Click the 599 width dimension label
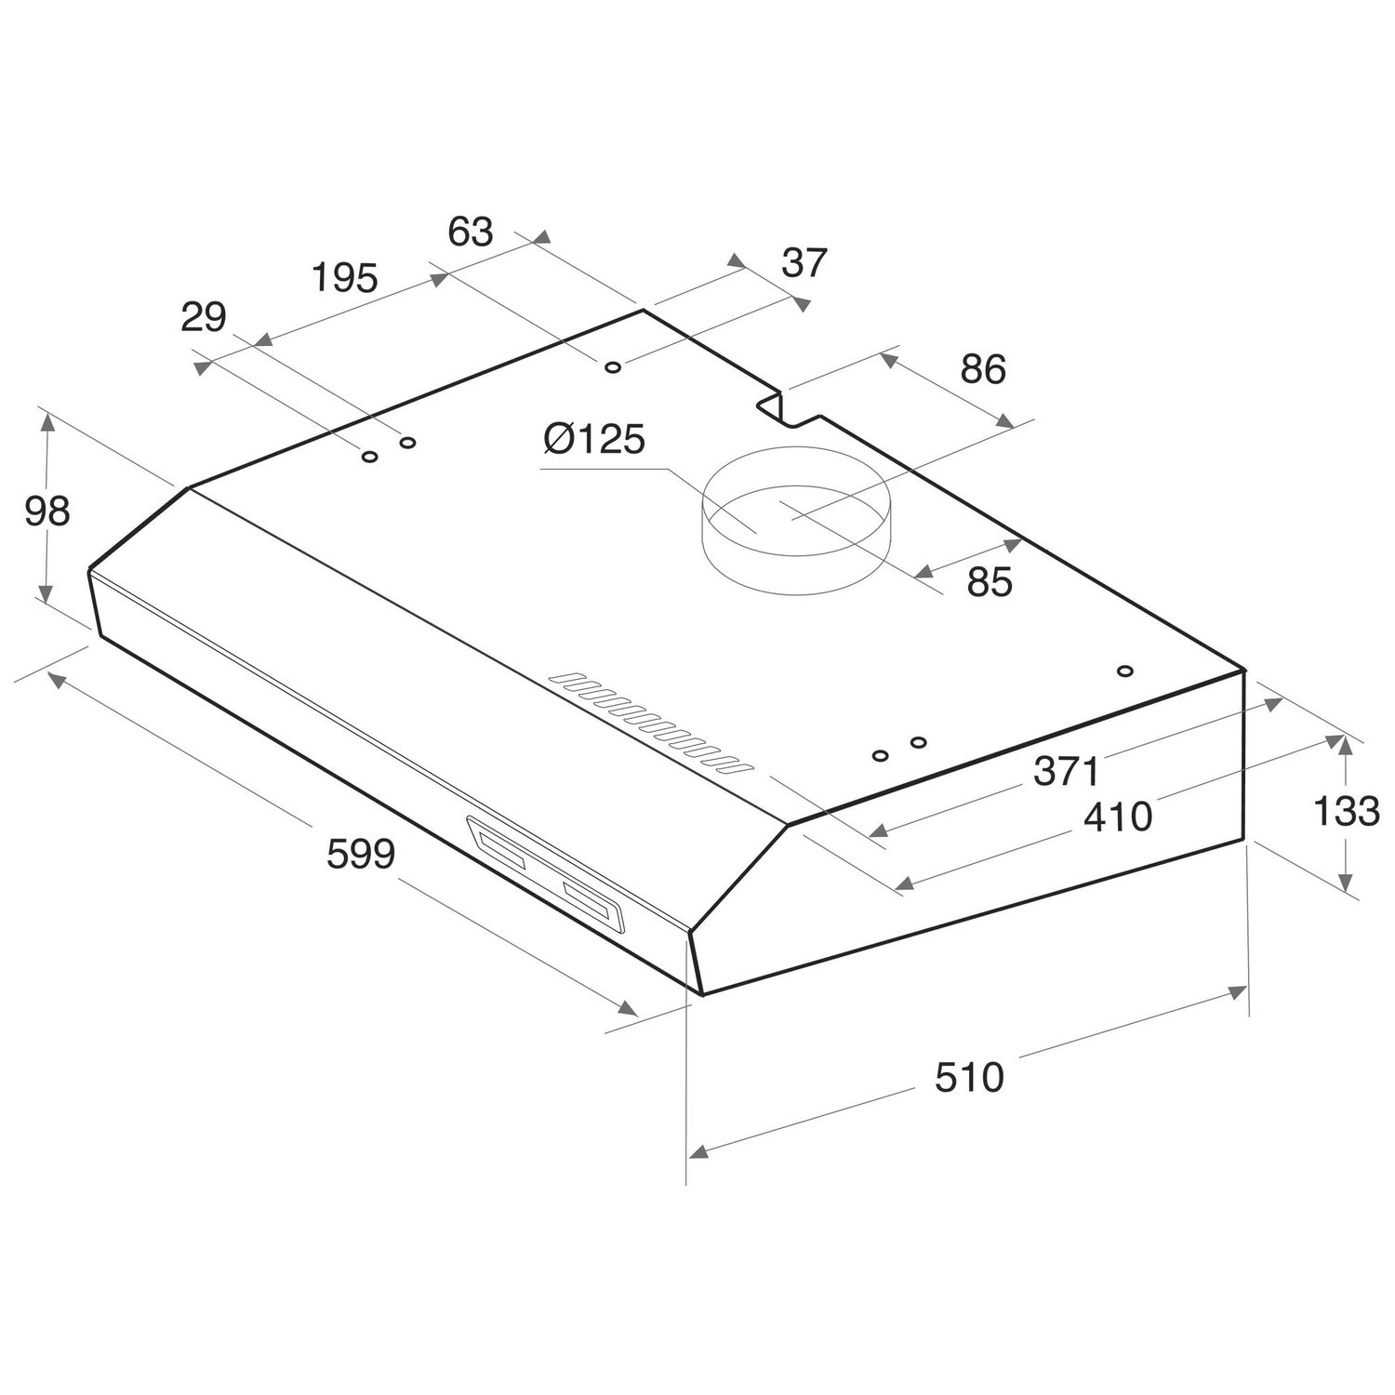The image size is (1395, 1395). tap(361, 854)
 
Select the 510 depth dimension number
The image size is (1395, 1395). tap(970, 1077)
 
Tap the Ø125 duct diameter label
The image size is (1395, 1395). tap(594, 439)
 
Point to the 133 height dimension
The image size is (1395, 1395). tap(1346, 811)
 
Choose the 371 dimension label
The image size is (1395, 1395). tap(1067, 771)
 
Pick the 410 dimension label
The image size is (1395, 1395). tap(1118, 817)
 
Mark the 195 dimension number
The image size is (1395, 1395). tap(345, 277)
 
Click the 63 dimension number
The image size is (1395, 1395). tap(471, 232)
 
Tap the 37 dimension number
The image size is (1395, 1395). tap(804, 263)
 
